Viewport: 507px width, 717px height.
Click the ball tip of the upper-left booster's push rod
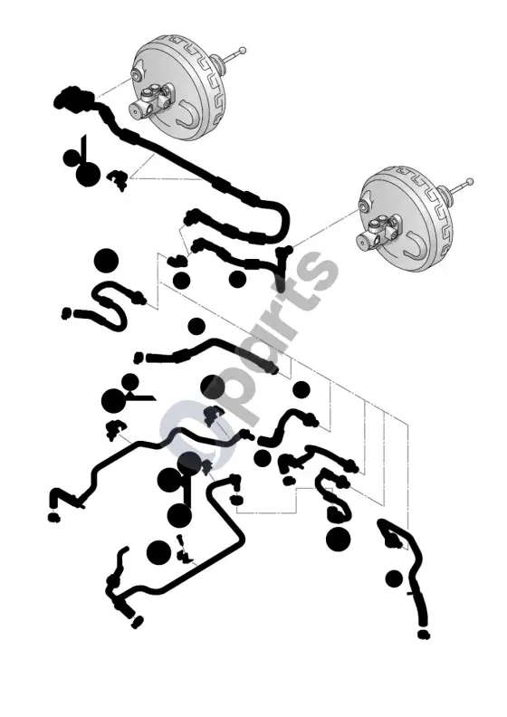[x=243, y=50]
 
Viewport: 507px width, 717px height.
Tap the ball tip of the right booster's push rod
[x=470, y=183]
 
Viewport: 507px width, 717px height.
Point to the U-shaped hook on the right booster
[x=415, y=244]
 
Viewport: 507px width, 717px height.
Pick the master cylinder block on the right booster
[x=375, y=232]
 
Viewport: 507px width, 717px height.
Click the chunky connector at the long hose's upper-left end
[x=72, y=98]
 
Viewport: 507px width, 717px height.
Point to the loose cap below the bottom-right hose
[x=424, y=635]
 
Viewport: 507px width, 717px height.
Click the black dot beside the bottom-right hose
[x=394, y=578]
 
